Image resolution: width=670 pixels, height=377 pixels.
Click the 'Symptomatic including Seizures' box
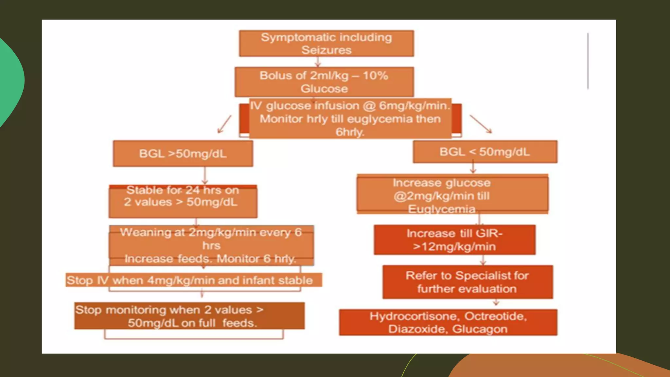pos(326,44)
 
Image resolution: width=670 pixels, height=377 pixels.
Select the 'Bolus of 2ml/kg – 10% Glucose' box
pos(324,82)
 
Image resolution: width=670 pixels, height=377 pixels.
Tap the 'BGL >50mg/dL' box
pos(183,153)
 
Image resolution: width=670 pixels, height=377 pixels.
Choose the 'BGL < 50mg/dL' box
pos(485,152)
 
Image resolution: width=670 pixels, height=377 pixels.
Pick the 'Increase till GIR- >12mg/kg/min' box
pos(454,240)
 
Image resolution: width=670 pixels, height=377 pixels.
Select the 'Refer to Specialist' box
pos(467,282)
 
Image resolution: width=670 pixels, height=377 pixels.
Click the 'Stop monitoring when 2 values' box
pos(189,316)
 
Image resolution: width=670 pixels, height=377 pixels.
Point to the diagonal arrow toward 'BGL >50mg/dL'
pos(224,124)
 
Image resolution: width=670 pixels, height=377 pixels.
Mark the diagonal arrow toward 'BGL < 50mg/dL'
pos(481,124)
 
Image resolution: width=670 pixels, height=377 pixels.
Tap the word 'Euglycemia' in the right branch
pos(441,209)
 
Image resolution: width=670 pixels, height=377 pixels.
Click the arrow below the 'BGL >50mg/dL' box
pos(205,176)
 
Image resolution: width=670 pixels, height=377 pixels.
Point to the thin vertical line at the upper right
pos(588,61)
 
